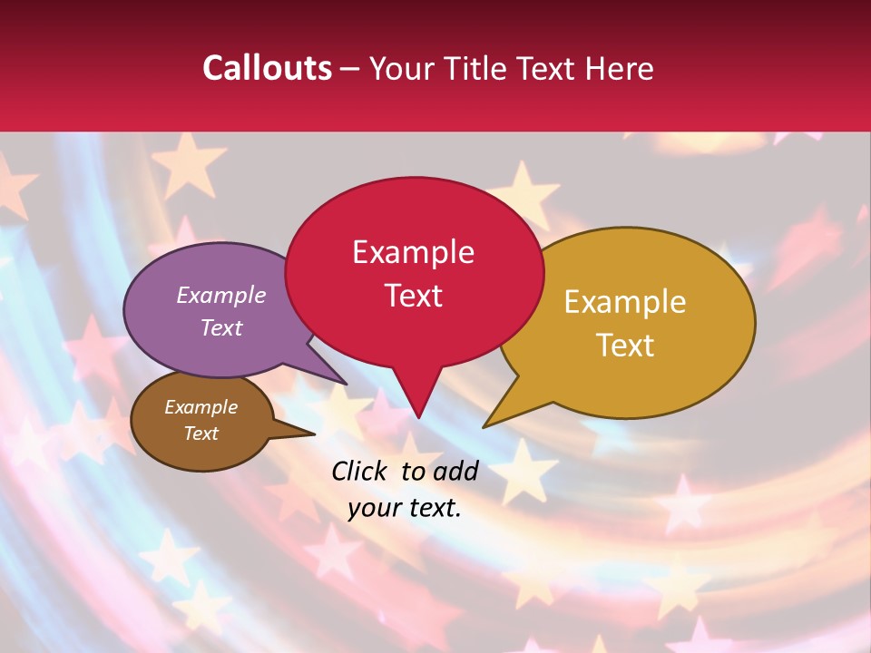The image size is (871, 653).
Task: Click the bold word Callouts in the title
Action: (267, 68)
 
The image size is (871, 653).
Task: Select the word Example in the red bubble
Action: (413, 252)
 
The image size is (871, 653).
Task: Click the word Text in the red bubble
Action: (413, 295)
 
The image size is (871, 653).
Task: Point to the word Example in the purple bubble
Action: (220, 295)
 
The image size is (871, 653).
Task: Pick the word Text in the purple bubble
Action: (220, 327)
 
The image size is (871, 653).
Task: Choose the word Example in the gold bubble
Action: (624, 302)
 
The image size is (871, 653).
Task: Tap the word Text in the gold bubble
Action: (624, 345)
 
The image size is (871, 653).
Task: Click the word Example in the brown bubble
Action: (201, 407)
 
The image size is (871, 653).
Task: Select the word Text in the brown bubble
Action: (201, 434)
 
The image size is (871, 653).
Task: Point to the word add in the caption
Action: (455, 471)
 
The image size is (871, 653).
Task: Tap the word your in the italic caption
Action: (373, 508)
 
